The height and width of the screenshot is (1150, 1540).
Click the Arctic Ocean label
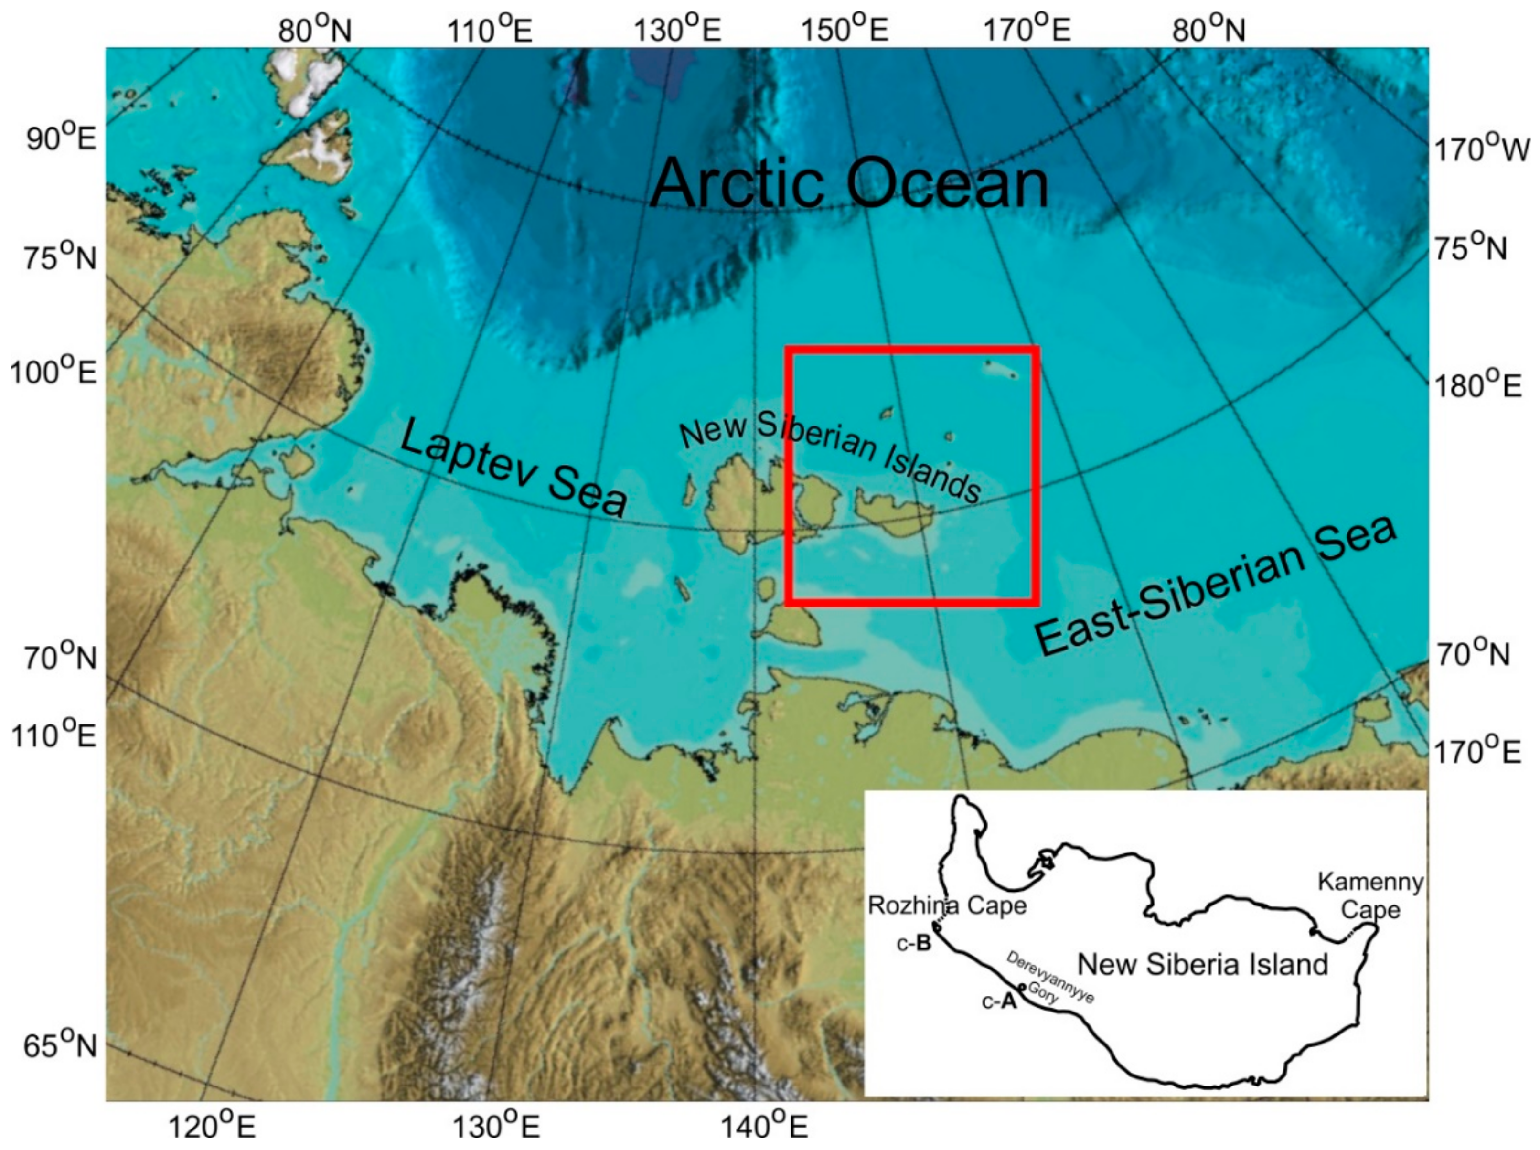[x=849, y=183]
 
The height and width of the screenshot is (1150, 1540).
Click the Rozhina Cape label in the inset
[x=947, y=905]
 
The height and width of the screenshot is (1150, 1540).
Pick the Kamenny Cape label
[x=1370, y=896]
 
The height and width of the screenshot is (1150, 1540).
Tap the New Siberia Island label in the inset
[x=1202, y=964]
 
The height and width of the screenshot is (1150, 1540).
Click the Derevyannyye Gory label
[x=1048, y=979]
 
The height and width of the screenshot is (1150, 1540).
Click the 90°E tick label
[x=61, y=139]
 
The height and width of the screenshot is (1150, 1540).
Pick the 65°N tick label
[x=61, y=1046]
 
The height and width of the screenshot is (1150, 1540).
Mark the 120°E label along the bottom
[x=205, y=1127]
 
